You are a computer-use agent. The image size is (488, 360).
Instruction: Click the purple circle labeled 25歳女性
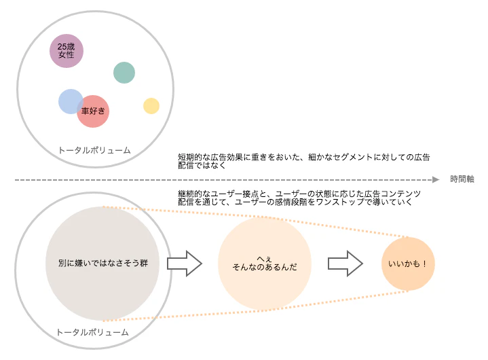67,51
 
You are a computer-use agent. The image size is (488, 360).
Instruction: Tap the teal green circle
124,73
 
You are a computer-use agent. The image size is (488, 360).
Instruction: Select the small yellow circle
151,106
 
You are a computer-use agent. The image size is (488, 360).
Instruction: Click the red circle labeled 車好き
93,111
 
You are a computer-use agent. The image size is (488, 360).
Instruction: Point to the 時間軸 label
462,179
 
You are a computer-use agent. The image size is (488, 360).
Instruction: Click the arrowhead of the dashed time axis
436,180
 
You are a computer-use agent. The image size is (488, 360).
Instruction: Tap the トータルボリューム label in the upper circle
94,150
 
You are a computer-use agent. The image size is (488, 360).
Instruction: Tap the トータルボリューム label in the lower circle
92,332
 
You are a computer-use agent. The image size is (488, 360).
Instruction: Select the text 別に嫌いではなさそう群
103,263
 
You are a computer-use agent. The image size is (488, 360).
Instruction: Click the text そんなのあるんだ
265,267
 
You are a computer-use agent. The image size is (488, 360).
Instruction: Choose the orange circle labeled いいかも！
408,264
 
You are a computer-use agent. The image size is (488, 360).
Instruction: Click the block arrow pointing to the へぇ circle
185,264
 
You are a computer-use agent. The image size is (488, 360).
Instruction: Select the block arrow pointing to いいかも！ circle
345,264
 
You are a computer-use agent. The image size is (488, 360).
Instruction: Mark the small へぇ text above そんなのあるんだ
265,259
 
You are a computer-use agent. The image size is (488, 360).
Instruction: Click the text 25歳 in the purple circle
67,47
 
